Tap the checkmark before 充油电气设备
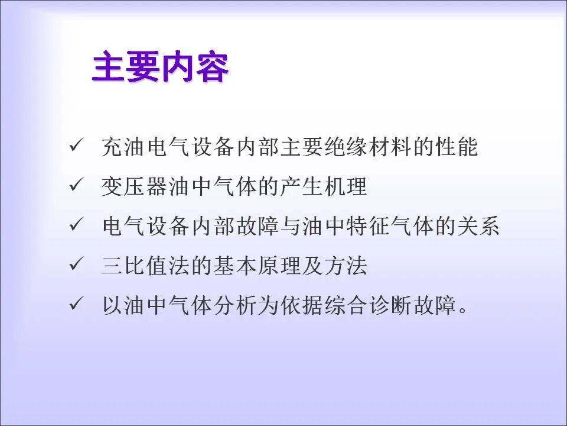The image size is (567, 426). coord(76,146)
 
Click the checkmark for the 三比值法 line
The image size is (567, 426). coord(76,265)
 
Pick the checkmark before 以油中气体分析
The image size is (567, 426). coord(76,305)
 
